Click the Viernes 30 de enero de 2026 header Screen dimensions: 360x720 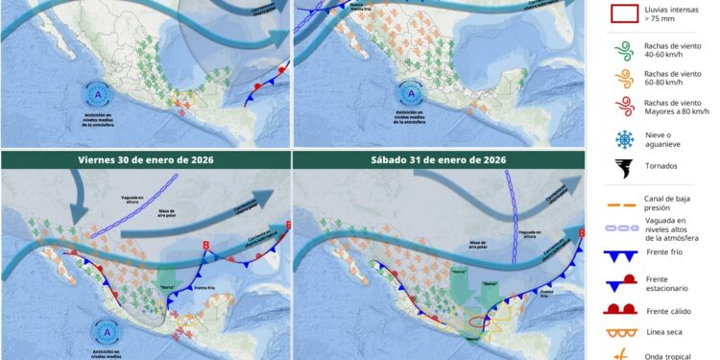pyautogui.click(x=145, y=159)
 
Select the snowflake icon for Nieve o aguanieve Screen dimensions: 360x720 pyautogui.click(x=623, y=138)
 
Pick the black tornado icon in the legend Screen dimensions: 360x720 pyautogui.click(x=623, y=170)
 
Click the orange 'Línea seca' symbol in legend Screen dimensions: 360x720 pyautogui.click(x=623, y=334)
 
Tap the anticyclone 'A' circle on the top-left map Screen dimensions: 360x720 pyautogui.click(x=98, y=94)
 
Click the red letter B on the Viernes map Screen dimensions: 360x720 pyautogui.click(x=205, y=245)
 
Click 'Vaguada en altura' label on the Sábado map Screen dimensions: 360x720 pyautogui.click(x=527, y=233)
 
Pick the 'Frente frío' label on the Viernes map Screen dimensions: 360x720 pyautogui.click(x=213, y=287)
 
